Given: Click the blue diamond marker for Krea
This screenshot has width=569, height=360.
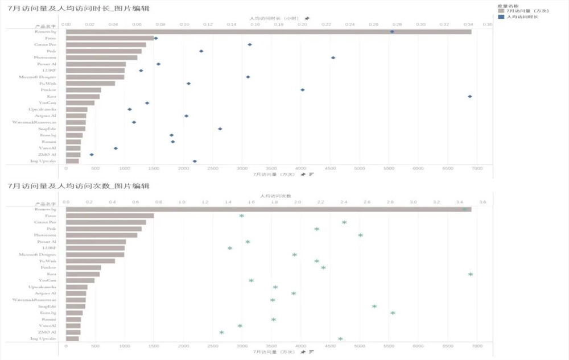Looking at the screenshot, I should coord(470,96).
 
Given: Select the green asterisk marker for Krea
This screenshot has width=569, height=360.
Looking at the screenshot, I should coord(471,274).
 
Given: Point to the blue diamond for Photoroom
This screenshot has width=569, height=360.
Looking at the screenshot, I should coord(333,57).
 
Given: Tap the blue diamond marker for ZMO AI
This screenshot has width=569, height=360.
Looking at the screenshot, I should coord(92,154).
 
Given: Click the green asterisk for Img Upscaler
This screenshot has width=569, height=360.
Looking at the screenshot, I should coord(340,338).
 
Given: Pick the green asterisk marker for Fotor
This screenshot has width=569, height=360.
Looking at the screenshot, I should coord(241,216).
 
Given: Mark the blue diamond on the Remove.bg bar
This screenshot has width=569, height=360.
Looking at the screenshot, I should coord(392,32).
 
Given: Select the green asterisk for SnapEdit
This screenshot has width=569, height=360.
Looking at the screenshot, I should coord(374,306).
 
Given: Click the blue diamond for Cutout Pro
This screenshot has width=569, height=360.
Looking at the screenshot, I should coord(250,44).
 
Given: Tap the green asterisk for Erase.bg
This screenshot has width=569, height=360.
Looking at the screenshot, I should coord(393,312).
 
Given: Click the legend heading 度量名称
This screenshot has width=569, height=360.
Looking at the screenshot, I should coord(505,5).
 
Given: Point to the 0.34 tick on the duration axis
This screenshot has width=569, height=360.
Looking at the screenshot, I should coord(468,25).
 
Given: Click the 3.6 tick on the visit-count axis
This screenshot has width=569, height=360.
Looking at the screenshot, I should coord(482,202).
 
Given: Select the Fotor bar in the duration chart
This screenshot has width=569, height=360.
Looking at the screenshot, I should coord(109,38).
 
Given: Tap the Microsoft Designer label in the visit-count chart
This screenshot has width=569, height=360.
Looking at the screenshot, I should coord(38,254).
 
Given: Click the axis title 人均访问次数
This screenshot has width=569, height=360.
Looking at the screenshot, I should coord(274,195).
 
